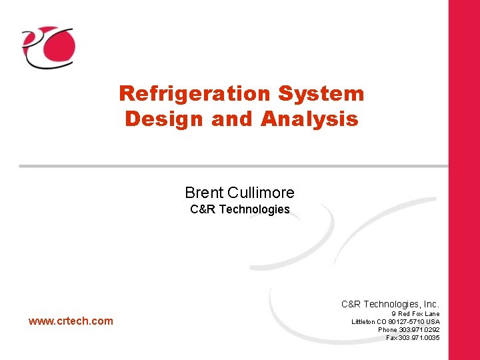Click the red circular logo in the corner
point(49,47)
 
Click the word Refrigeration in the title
point(194,94)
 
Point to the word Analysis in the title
point(310,119)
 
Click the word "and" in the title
point(233,119)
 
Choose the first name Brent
point(204,193)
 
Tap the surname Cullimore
point(261,193)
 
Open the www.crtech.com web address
point(71,321)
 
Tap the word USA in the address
point(433,321)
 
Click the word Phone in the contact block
point(387,329)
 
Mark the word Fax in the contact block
point(392,337)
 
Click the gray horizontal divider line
point(233,165)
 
